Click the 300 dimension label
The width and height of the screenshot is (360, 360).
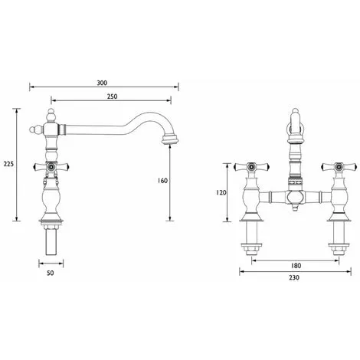(x=102, y=83)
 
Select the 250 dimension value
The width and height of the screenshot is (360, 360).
(x=112, y=97)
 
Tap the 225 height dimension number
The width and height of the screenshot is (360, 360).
(x=8, y=164)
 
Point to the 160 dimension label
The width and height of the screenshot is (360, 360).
(x=162, y=181)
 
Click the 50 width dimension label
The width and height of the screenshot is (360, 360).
(x=51, y=273)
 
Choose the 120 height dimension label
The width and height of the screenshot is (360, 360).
(x=221, y=192)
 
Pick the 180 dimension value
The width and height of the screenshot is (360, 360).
(x=296, y=266)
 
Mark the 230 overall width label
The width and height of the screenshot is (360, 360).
(x=294, y=277)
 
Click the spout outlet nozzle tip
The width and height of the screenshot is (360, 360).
(x=170, y=140)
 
